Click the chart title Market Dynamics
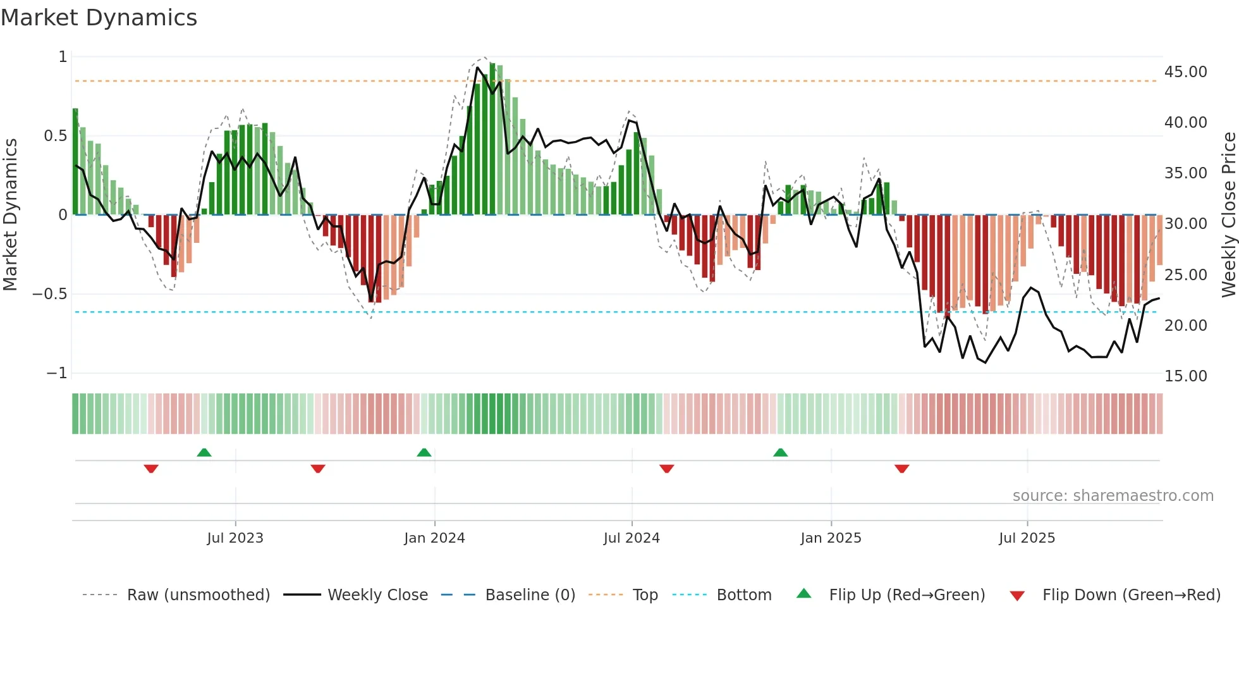(x=99, y=18)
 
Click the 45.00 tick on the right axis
(x=1185, y=72)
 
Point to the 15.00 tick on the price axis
(x=1185, y=376)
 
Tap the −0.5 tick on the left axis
(x=49, y=294)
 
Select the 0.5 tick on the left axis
(x=55, y=136)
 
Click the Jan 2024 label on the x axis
(x=434, y=538)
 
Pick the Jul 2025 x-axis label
(x=1027, y=538)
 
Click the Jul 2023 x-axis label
(x=235, y=538)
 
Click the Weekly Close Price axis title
(x=1228, y=214)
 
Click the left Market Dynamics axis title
(x=10, y=214)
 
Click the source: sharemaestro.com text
(x=1113, y=496)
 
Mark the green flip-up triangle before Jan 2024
(x=424, y=453)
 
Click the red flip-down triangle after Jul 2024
(x=667, y=469)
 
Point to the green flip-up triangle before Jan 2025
(x=781, y=453)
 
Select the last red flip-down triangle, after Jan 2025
(x=902, y=469)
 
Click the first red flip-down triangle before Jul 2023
(x=151, y=469)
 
